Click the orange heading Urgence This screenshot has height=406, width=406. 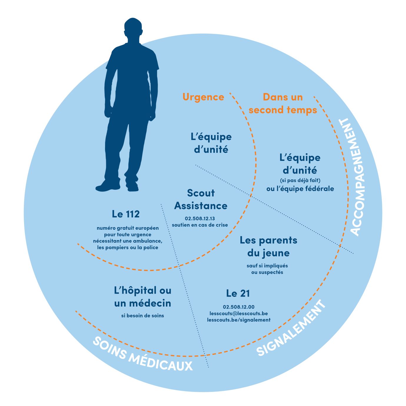tap(203, 97)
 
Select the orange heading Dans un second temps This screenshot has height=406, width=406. tap(283, 104)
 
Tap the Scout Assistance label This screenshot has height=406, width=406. tap(201, 199)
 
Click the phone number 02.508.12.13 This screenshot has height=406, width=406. tap(200, 219)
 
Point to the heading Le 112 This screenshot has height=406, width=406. tap(126, 214)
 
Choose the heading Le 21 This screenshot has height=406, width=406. tap(238, 293)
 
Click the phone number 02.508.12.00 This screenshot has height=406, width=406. tap(239, 307)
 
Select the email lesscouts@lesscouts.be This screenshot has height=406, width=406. tap(239, 313)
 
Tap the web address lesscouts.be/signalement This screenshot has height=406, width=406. tap(239, 320)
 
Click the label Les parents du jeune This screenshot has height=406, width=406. tap(268, 247)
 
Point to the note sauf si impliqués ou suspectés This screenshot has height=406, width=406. tap(267, 269)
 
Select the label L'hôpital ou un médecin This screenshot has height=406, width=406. tap(143, 297)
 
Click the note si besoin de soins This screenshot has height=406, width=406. tap(143, 316)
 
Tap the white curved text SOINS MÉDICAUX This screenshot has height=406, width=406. tap(143, 355)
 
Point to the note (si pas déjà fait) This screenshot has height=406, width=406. tap(300, 180)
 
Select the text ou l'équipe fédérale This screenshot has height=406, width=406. tap(300, 189)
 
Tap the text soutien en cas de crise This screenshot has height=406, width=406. tap(200, 225)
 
